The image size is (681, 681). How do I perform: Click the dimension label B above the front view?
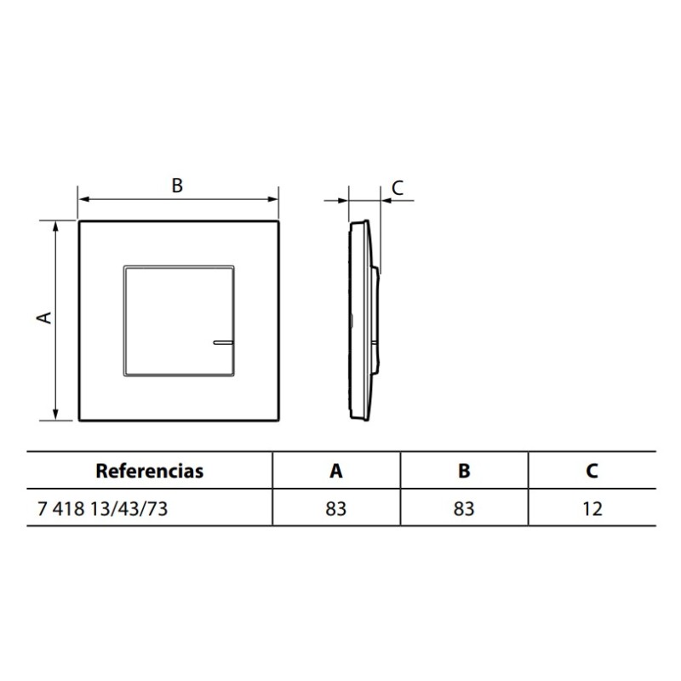coord(177,186)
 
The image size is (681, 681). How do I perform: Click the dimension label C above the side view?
coord(397,186)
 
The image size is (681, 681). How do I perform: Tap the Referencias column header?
coord(150,471)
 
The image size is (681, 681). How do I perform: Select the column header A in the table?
coord(336,471)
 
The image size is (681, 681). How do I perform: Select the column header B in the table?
coord(464,471)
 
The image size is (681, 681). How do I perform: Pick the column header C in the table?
coord(592,471)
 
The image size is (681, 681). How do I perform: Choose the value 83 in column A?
coord(336,509)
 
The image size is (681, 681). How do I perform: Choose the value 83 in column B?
coord(464,509)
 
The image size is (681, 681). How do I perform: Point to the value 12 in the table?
coord(592,509)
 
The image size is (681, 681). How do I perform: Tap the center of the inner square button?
coord(178,320)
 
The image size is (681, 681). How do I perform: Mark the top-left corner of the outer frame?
coord(79,222)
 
